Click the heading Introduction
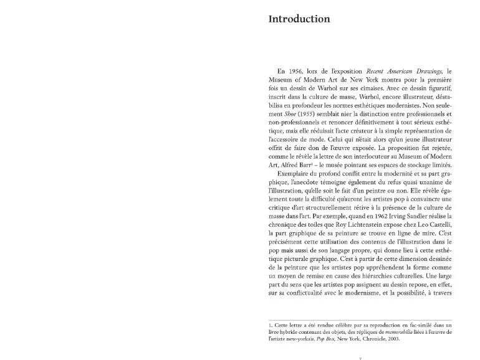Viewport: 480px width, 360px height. [299, 19]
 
